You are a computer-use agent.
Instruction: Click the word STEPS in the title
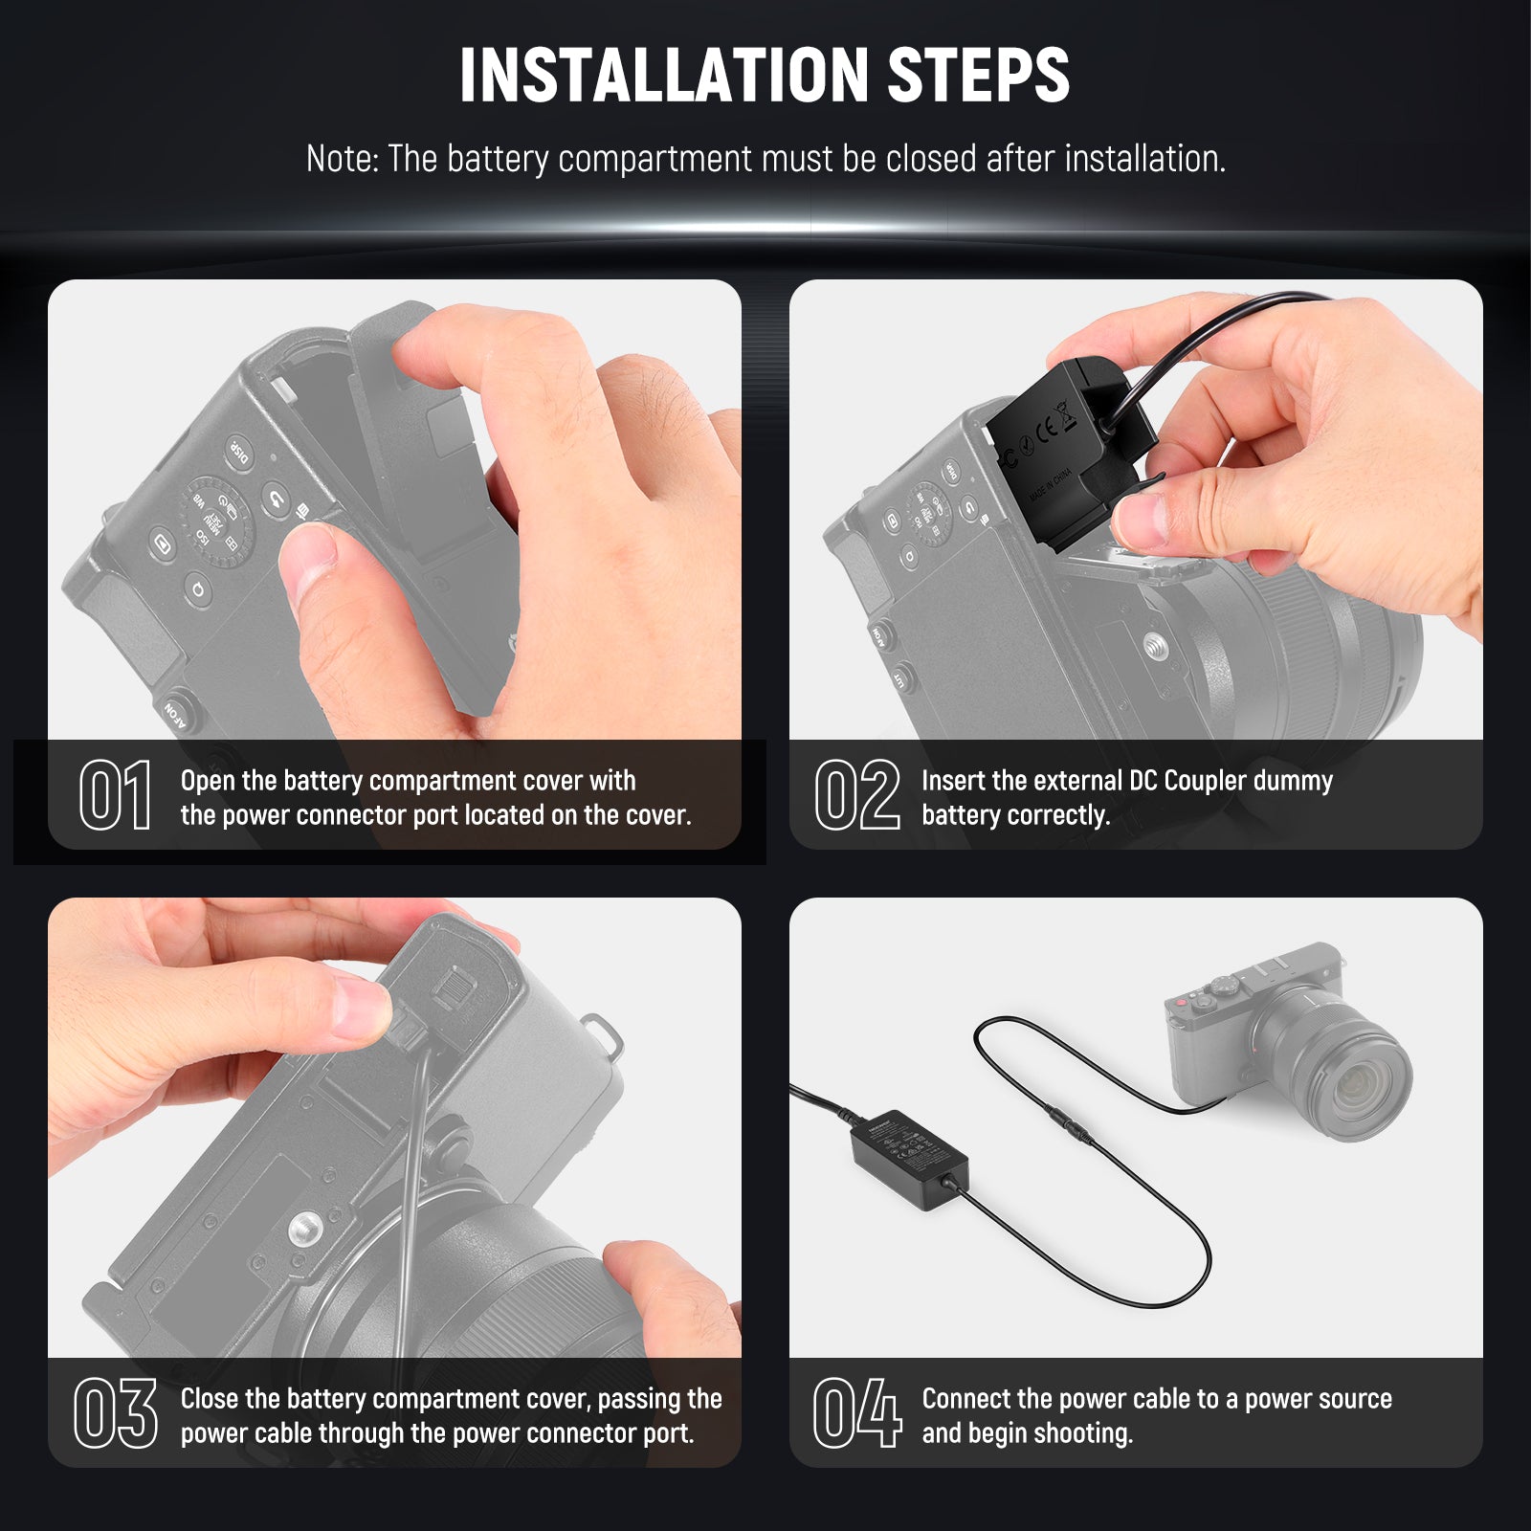(979, 76)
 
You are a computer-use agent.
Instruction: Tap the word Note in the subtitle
(341, 159)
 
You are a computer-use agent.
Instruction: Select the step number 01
(116, 795)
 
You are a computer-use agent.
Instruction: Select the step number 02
(857, 795)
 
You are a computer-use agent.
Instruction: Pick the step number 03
(116, 1413)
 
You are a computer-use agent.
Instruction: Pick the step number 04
(857, 1413)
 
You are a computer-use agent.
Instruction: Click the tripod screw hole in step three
(305, 1226)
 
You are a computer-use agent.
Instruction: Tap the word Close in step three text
(210, 1399)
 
